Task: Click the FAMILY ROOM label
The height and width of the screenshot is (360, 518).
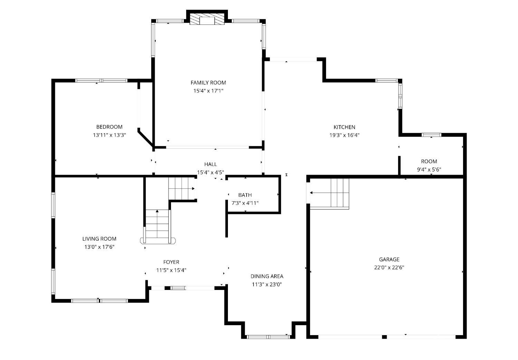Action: (x=208, y=83)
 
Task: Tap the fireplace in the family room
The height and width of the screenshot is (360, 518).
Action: (x=207, y=19)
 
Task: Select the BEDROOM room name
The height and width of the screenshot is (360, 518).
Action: (x=109, y=127)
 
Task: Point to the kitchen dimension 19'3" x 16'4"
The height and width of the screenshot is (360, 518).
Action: (x=344, y=135)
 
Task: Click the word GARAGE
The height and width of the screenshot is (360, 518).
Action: (x=389, y=260)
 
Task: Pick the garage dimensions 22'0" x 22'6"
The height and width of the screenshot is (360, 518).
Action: (x=389, y=267)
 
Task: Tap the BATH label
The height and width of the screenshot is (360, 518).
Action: (x=245, y=195)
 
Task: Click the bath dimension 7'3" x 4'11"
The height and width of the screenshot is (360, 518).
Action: (x=245, y=203)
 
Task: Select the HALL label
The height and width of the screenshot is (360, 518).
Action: (x=210, y=164)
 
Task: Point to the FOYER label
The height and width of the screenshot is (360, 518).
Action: (x=171, y=262)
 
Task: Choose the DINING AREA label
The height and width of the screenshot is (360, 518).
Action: (x=267, y=276)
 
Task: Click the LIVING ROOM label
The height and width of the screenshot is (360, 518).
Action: (x=99, y=239)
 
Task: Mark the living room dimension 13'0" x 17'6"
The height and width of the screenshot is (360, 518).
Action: (x=99, y=247)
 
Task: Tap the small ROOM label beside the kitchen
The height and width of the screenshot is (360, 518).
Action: (x=429, y=162)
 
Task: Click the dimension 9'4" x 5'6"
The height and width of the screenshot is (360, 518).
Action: (x=429, y=169)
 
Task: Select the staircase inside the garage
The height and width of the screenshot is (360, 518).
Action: (x=329, y=194)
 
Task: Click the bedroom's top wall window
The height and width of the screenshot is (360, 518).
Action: (x=101, y=80)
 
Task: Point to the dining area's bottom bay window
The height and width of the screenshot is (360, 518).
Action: (x=268, y=337)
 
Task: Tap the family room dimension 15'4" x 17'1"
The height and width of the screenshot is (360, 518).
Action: (x=208, y=91)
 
